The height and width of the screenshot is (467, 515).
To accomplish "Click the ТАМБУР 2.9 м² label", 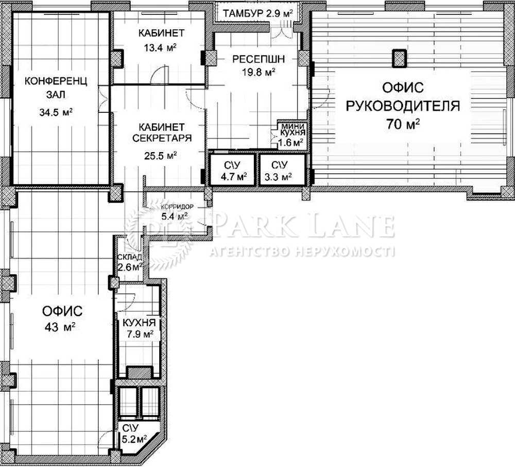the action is point(257,13).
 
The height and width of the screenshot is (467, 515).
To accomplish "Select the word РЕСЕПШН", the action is point(259,59).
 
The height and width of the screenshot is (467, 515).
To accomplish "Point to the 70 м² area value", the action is point(403,124).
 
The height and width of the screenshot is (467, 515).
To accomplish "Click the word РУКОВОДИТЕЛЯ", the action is point(403,106).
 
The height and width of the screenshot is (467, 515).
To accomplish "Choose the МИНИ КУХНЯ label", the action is point(294,129).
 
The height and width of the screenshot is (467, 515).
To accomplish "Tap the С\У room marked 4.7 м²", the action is point(233,170).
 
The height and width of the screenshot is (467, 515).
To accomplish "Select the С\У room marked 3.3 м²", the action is point(282,170).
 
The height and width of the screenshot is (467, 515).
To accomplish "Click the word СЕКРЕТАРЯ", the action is point(162,138).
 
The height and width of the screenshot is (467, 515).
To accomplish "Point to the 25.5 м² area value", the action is point(161,155).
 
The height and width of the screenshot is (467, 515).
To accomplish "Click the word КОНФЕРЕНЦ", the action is point(56,81).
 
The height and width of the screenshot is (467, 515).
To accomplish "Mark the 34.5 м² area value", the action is point(56,112).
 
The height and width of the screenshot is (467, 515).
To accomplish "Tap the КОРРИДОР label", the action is point(177,207).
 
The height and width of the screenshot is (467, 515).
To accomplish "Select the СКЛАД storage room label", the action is point(130,257).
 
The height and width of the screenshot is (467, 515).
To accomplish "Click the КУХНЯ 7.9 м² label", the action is point(139,328).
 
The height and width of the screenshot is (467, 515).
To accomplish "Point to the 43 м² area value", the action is point(60,327).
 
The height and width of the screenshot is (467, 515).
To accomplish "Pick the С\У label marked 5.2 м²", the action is point(134,433).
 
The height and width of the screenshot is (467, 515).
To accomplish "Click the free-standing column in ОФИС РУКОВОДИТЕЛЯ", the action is point(400,58).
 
